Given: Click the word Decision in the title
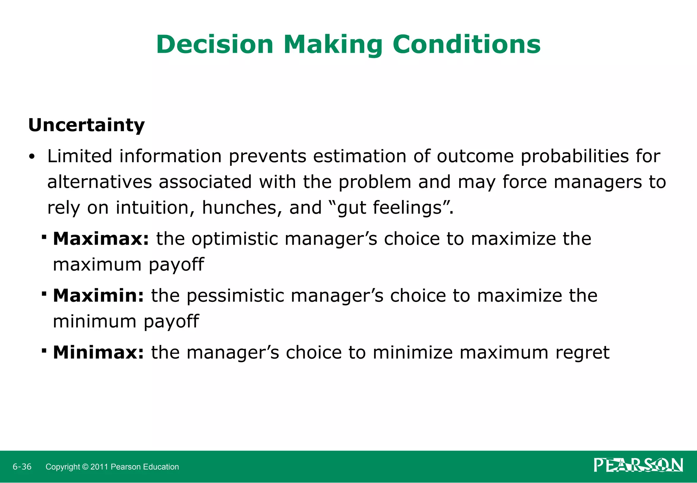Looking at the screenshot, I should (215, 45).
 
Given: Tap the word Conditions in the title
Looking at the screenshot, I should (466, 45).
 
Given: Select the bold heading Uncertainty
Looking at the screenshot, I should (86, 125).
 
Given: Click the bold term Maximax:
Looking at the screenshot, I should (101, 239).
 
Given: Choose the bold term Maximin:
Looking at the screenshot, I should (99, 296).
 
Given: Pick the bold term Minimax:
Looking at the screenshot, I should (99, 353).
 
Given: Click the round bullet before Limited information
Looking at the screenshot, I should (32, 157).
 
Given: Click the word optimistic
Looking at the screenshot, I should (235, 239).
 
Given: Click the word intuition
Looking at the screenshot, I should (155, 208).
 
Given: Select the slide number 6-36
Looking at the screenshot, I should (22, 467).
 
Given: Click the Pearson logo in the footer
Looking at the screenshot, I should (638, 465).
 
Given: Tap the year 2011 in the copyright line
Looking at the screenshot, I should (99, 467).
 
